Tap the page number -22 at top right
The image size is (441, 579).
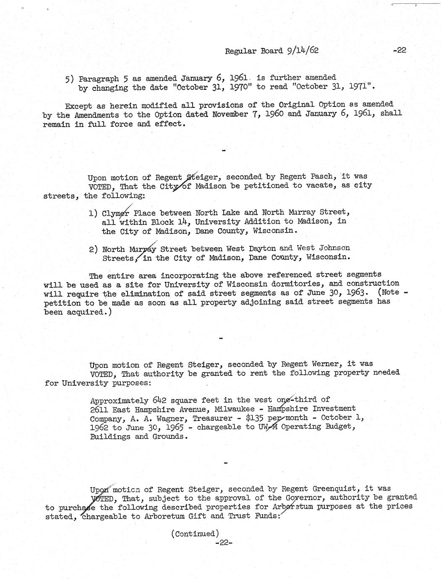coord(399,50)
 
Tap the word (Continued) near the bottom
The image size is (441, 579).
coord(195,534)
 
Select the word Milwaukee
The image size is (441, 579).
coord(236,409)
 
